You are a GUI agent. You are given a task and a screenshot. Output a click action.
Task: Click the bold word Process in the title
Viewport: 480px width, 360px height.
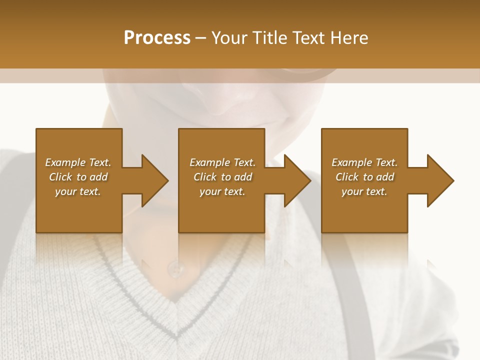click(x=157, y=37)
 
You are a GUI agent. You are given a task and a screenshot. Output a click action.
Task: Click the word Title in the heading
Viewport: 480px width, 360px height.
click(x=269, y=37)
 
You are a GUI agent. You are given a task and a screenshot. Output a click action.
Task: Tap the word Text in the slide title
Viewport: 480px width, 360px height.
click(x=308, y=37)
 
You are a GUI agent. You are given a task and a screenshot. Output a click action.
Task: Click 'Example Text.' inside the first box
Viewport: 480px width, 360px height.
click(x=78, y=162)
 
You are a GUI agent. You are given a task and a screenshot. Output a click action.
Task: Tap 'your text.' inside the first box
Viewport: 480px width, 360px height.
click(x=78, y=191)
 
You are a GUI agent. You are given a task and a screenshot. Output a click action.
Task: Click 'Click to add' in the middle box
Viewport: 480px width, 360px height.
click(x=222, y=177)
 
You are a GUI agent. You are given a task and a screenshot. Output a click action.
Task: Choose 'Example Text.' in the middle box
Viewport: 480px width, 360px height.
click(x=222, y=162)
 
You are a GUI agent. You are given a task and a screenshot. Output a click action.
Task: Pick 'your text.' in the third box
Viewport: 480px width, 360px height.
click(x=364, y=191)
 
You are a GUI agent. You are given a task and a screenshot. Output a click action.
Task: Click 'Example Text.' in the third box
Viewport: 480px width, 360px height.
click(x=364, y=162)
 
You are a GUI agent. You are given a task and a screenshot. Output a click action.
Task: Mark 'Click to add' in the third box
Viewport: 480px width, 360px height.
click(x=364, y=177)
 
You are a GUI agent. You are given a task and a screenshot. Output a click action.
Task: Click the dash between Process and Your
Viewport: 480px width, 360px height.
click(x=200, y=38)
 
